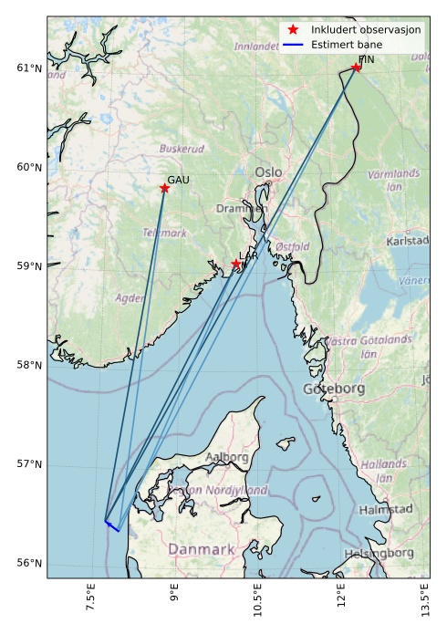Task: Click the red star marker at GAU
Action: [x=164, y=188]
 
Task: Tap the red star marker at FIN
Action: [x=356, y=67]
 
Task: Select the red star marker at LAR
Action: [x=236, y=264]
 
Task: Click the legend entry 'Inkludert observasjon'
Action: [x=365, y=29]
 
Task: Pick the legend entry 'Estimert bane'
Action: [x=346, y=44]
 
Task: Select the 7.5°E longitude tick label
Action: [x=89, y=603]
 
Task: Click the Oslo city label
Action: [x=268, y=171]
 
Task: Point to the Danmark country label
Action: [x=201, y=549]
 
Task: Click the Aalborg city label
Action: [x=227, y=457]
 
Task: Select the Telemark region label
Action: [x=164, y=234]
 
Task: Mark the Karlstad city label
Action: [x=407, y=241]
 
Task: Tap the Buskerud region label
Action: [x=182, y=148]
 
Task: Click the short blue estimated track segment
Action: [x=112, y=526]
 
